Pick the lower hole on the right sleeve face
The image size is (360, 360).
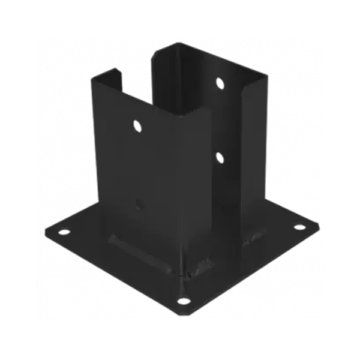(x=220, y=158)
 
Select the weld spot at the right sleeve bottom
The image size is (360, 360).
(x=251, y=240)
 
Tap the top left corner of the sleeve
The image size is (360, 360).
(x=94, y=77)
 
